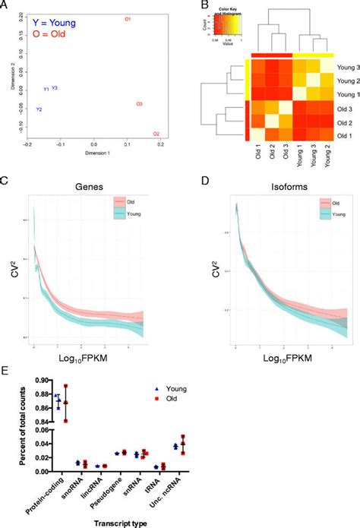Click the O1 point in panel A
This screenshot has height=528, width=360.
point(128,18)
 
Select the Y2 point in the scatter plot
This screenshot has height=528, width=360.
point(39,109)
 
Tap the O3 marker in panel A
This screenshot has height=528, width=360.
point(139,103)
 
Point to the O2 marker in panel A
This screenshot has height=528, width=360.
point(156,134)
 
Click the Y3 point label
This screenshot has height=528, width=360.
point(55,88)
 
